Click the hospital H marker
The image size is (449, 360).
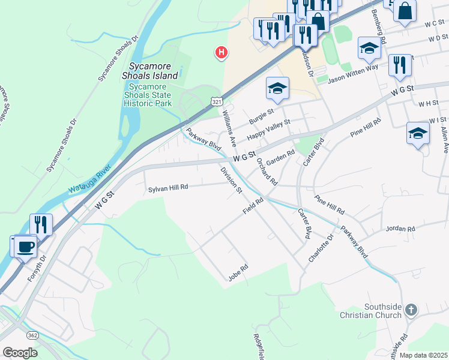221,53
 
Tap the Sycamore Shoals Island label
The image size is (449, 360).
150,71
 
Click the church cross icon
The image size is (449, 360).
411,310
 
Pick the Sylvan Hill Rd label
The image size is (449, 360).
168,187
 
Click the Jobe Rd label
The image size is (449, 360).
238,272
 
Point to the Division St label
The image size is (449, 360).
231,181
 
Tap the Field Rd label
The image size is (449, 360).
253,206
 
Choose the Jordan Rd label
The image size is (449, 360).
401,229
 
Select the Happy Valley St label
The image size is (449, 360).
268,127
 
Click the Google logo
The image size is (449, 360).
20,352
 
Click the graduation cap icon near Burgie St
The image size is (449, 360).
277,88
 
